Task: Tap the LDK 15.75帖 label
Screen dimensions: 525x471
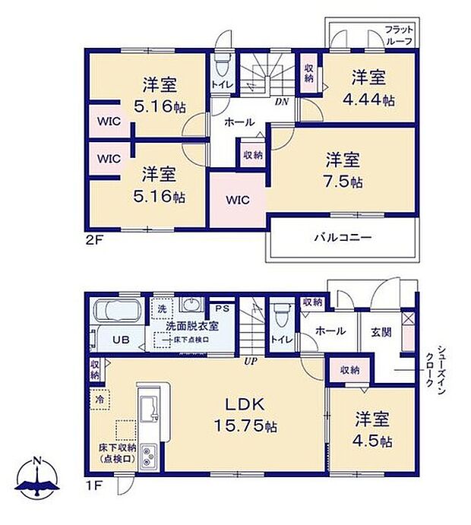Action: pyautogui.click(x=243, y=415)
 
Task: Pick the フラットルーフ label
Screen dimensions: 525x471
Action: pyautogui.click(x=398, y=36)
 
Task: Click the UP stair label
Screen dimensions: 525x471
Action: pyautogui.click(x=249, y=360)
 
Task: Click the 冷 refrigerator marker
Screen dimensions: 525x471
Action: pyautogui.click(x=100, y=398)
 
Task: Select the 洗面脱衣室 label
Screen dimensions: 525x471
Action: pyautogui.click(x=192, y=326)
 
